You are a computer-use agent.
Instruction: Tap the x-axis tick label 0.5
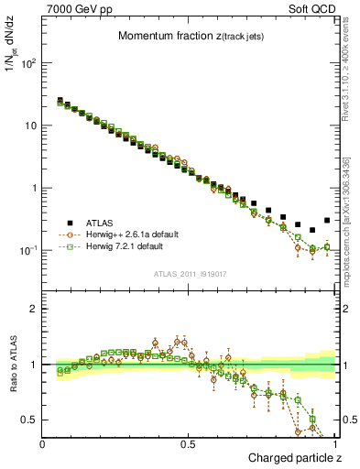(189, 444)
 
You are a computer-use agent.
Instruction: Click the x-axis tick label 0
(43, 444)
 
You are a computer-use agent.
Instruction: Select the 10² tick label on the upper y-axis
(28, 64)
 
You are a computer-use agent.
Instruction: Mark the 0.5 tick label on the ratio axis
(27, 420)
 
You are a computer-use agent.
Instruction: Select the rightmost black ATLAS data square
(327, 220)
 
